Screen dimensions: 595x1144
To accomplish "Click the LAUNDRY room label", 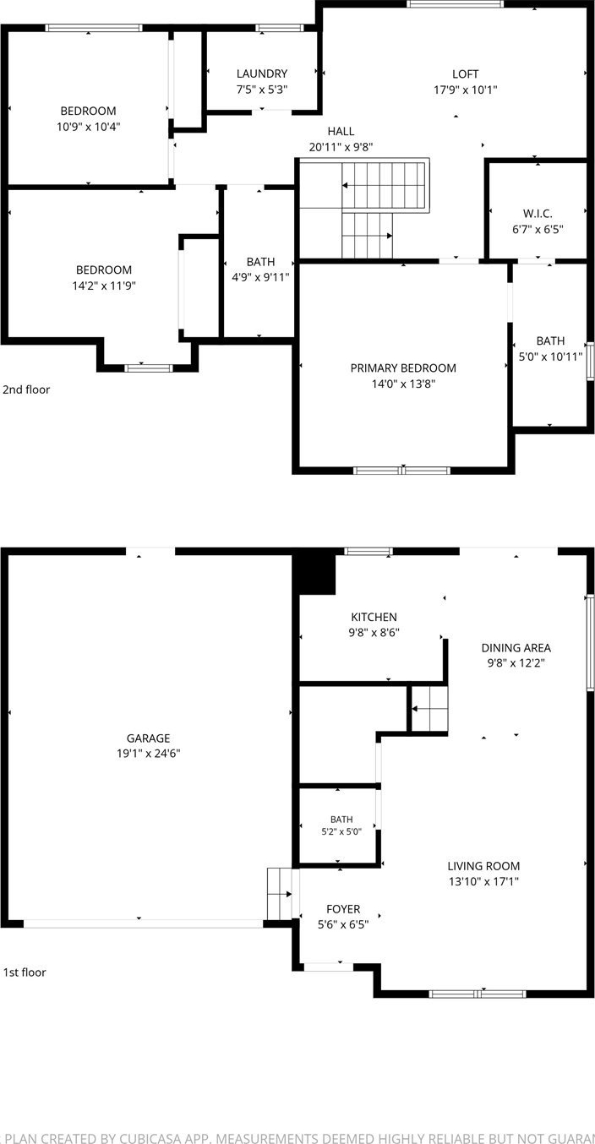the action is point(261,74).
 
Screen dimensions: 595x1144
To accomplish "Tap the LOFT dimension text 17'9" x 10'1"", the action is point(466,90).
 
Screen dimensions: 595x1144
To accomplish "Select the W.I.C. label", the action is point(538,214).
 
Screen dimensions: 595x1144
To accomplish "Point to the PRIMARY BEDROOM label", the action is point(403,368).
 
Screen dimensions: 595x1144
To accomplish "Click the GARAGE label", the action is point(148,738).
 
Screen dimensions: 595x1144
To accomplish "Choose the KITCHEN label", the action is point(374,617).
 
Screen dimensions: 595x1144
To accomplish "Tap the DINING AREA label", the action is point(516,648).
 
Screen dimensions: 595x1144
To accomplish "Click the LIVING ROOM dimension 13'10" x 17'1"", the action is point(483,881).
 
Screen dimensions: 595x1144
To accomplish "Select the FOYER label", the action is point(343,909).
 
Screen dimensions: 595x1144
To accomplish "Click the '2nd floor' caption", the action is point(26,390).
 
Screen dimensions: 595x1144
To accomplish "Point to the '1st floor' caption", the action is point(25,972).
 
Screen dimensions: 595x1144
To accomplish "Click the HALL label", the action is point(341,131).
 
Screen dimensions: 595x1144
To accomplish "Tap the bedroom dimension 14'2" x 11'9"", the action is point(104,286).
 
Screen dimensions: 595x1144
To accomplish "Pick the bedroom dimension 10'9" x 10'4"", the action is point(89,127).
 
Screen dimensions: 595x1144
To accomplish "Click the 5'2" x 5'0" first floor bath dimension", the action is point(341,831).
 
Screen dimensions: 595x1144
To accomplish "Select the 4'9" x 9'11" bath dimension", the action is point(260,277).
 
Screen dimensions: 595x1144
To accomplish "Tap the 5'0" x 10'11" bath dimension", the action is point(550,357).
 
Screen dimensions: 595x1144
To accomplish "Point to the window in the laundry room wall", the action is point(279,28).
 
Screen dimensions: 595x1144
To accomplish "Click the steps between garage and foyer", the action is point(280,894).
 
